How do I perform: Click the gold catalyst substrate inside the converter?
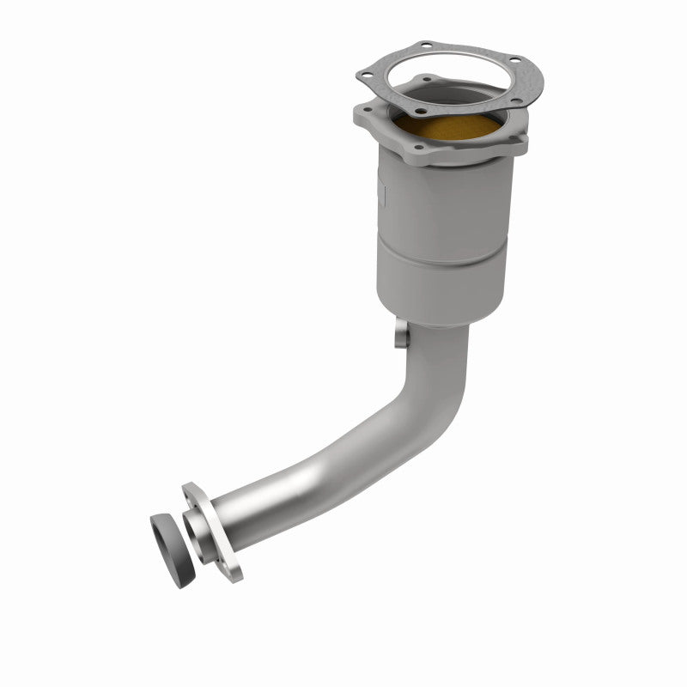446,129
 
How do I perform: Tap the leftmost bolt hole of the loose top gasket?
368,76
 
